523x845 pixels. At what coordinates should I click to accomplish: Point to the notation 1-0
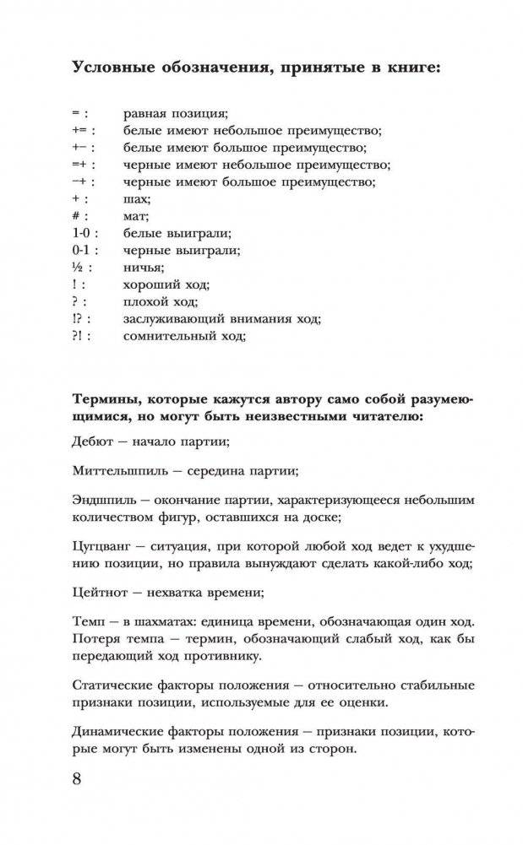(x=82, y=234)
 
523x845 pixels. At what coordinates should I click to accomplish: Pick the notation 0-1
(x=82, y=251)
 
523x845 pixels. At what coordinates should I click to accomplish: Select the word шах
(x=136, y=200)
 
